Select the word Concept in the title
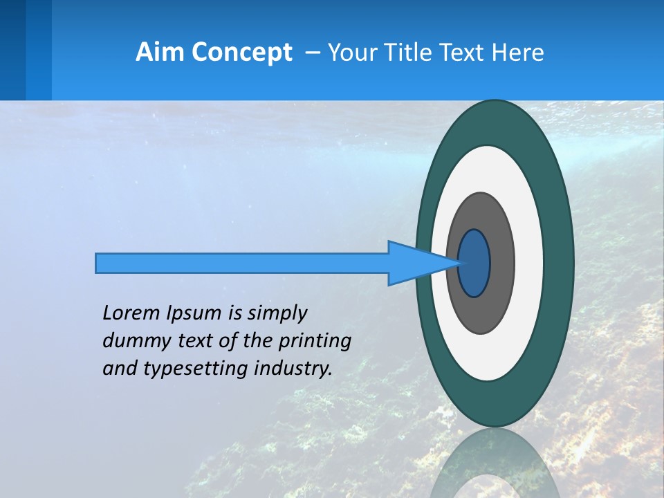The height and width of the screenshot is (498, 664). coord(243,52)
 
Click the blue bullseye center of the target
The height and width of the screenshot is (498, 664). coord(474,264)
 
